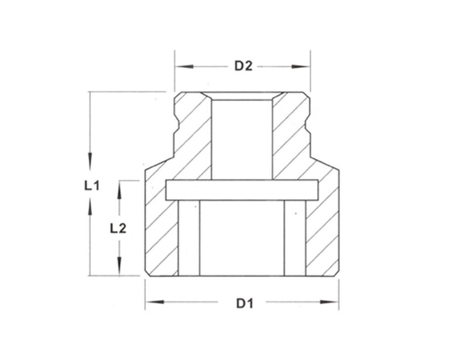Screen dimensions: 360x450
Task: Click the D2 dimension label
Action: (x=243, y=66)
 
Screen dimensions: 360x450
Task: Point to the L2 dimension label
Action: (x=119, y=228)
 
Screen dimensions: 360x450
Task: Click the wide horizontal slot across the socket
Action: (x=242, y=190)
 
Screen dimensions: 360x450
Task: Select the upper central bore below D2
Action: (x=241, y=138)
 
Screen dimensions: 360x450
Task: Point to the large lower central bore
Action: (x=241, y=237)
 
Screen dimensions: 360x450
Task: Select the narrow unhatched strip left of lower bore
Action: (x=188, y=237)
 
